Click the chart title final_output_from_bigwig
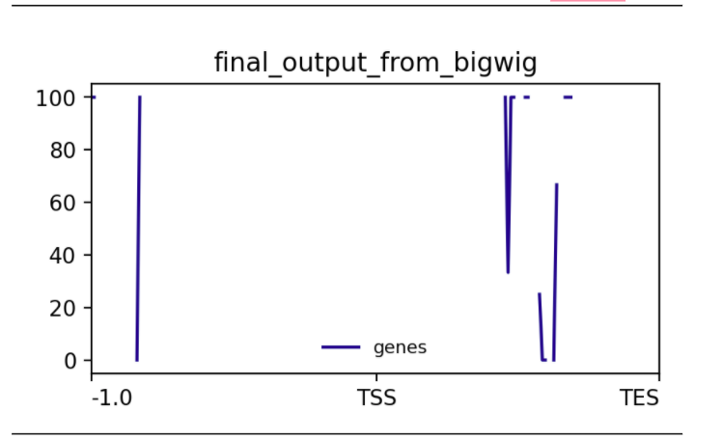click(375, 63)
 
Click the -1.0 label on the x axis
click(112, 398)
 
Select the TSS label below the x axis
click(376, 398)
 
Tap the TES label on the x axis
click(640, 398)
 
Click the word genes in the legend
click(401, 347)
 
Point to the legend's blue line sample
click(341, 347)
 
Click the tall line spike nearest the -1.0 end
click(139, 229)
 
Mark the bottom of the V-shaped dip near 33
click(508, 272)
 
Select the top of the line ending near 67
click(557, 184)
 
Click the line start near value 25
click(540, 293)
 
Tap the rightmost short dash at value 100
click(569, 97)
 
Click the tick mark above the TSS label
click(376, 377)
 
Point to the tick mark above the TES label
click(659, 377)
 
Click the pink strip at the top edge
click(588, 1)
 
